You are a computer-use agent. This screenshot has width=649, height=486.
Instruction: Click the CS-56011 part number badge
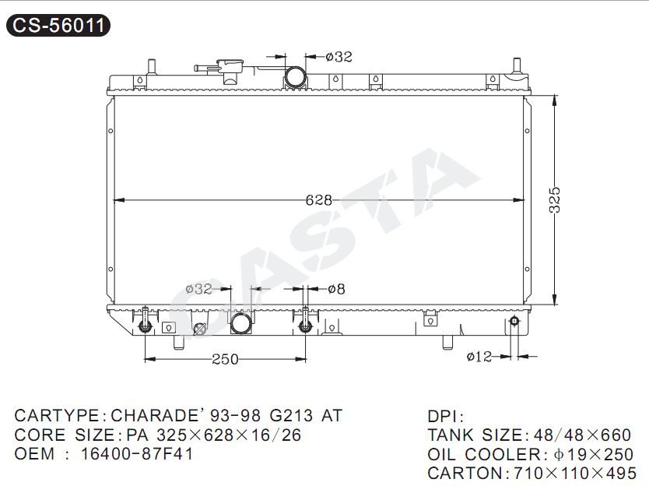click(x=58, y=25)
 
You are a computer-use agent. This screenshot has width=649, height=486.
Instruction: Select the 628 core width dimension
click(x=319, y=200)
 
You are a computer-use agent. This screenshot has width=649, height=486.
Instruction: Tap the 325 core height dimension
click(x=555, y=200)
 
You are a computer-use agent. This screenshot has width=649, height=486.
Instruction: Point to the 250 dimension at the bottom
click(x=225, y=359)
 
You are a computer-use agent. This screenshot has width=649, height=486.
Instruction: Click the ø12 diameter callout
click(x=479, y=356)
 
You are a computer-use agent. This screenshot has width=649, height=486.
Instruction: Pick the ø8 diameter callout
click(x=336, y=289)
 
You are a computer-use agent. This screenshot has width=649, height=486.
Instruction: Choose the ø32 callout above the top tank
click(x=339, y=56)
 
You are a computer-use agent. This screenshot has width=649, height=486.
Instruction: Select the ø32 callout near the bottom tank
click(x=198, y=289)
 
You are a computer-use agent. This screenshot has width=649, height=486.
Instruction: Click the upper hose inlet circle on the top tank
click(x=296, y=77)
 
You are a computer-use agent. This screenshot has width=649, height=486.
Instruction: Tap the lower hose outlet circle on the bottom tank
click(x=241, y=323)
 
